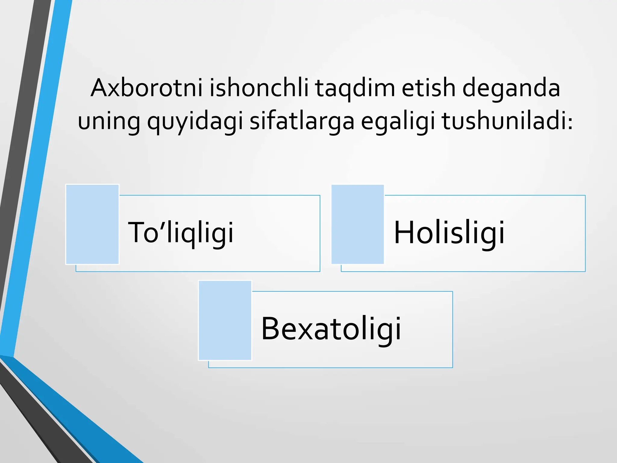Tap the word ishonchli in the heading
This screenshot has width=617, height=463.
[x=259, y=88]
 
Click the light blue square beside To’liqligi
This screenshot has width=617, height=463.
[x=92, y=224]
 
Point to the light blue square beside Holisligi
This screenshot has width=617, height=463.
[x=358, y=224]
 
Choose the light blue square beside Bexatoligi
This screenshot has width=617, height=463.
[x=225, y=320]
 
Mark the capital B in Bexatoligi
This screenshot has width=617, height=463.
[x=271, y=329]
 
